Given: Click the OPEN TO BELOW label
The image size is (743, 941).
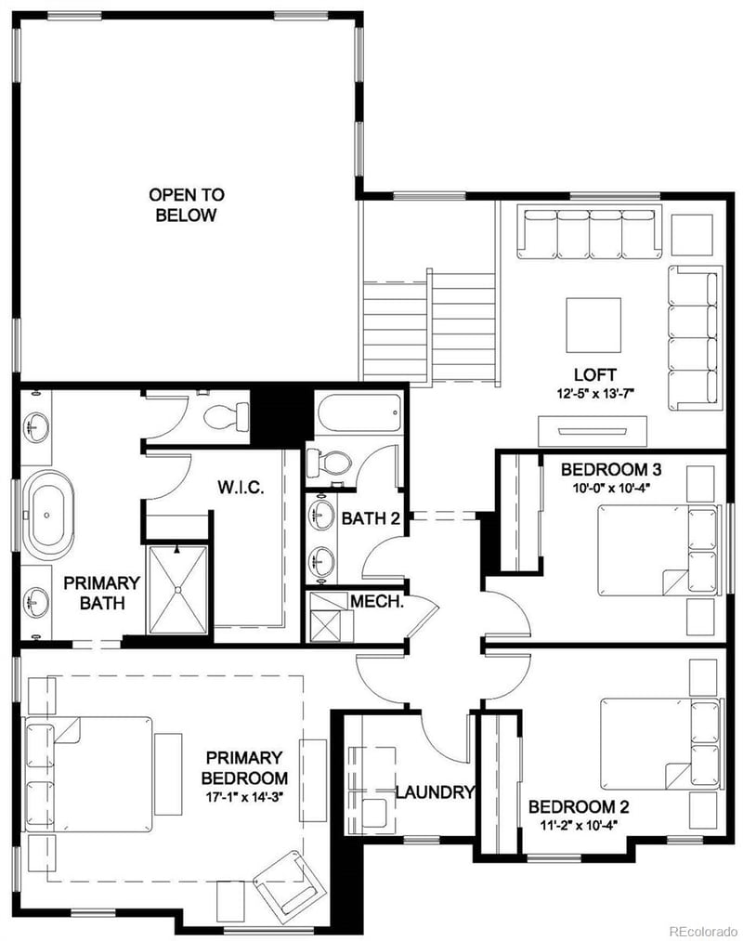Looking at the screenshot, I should point(186,205).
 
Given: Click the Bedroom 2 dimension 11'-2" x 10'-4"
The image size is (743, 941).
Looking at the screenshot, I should point(572,824).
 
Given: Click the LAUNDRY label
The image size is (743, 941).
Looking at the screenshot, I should point(436,792).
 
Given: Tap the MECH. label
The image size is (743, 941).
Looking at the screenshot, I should point(376,601).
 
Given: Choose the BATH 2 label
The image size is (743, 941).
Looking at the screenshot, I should point(371,518).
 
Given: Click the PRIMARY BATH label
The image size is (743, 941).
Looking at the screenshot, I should point(101,592).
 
